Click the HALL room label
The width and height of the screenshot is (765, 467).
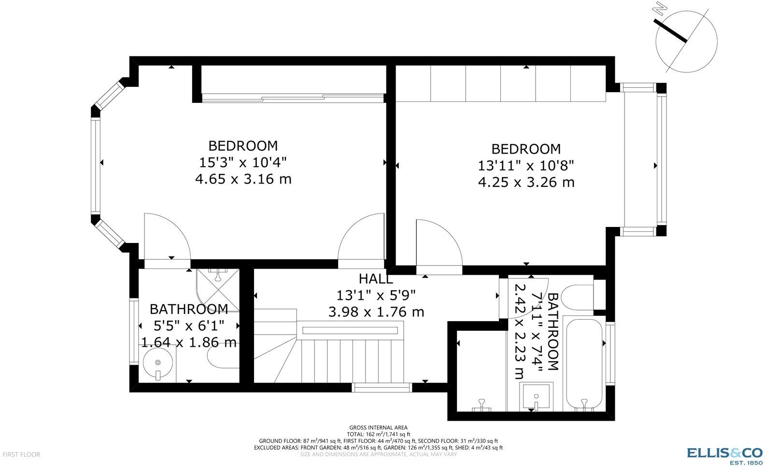click(376, 279)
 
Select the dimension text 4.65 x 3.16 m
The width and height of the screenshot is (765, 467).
click(243, 179)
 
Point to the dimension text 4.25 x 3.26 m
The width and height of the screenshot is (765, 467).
click(526, 182)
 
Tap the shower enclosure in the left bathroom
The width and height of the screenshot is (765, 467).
click(217, 290)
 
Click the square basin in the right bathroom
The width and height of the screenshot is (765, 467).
click(536, 396)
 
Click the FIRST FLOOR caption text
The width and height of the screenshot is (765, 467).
click(21, 454)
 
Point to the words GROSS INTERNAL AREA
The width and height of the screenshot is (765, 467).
click(378, 427)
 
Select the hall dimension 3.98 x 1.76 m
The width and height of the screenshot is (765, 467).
click(376, 312)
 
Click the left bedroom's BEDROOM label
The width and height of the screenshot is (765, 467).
click(243, 146)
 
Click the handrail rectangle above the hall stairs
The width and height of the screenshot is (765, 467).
click(350, 330)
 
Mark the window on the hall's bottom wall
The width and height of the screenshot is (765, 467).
click(382, 387)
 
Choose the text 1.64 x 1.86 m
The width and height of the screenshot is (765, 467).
click(189, 342)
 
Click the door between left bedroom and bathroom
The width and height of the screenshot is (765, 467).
click(167, 239)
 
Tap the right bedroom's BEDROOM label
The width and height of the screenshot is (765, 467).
click(526, 149)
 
